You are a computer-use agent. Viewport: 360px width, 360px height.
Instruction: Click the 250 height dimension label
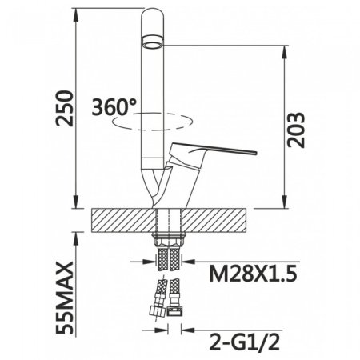click(x=64, y=108)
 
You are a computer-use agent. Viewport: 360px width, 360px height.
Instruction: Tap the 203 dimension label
click(x=295, y=130)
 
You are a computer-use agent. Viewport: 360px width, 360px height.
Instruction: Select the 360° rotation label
click(x=114, y=107)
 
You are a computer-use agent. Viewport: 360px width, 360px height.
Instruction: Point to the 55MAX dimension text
click(x=64, y=298)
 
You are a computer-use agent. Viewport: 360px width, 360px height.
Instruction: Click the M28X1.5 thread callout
click(x=253, y=274)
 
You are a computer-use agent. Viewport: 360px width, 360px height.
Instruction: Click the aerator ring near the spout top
click(x=152, y=42)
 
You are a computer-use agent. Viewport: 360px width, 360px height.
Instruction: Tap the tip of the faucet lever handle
click(x=256, y=153)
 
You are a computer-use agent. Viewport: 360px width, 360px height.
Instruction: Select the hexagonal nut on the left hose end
click(x=154, y=311)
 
